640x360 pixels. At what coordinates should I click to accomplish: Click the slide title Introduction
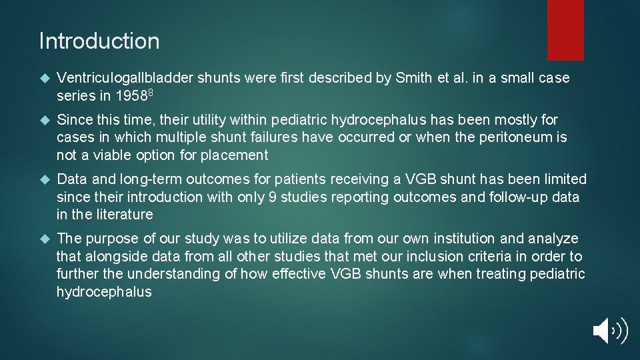tap(99, 41)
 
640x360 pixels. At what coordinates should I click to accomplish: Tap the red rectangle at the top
tap(565, 29)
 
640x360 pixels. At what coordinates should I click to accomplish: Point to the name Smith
tap(413, 78)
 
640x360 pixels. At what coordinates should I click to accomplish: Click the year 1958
tap(131, 96)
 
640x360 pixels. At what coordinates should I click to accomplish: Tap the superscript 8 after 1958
tap(151, 93)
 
